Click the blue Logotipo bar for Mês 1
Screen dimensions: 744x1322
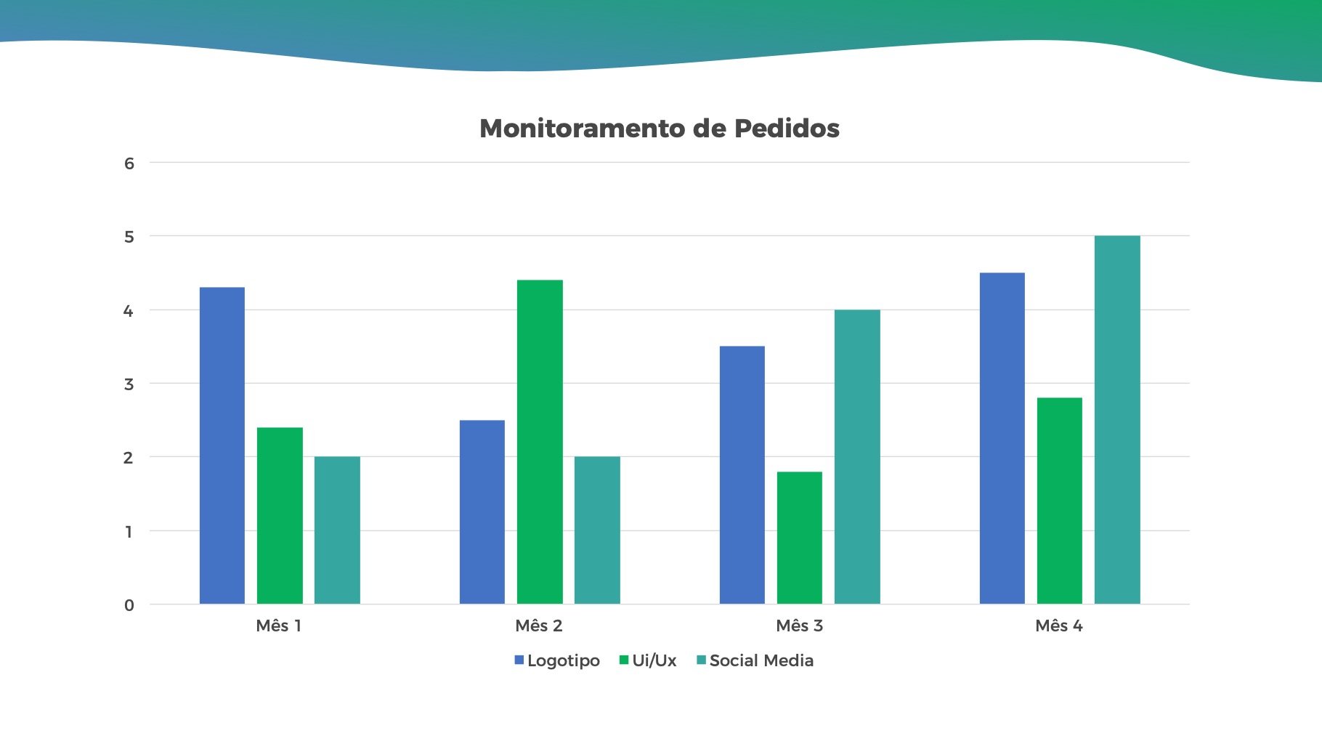click(x=222, y=445)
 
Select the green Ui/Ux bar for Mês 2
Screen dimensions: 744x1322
click(x=540, y=442)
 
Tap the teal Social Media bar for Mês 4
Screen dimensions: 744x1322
click(x=1117, y=420)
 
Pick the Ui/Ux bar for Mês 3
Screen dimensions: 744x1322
click(x=800, y=538)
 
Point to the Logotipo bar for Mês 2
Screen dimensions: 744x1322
click(x=482, y=511)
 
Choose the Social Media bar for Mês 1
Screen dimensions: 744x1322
click(x=337, y=530)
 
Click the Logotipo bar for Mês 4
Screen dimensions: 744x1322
click(x=1002, y=438)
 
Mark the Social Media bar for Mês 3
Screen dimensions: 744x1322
click(x=857, y=456)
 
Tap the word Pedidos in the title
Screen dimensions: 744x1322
click(x=787, y=129)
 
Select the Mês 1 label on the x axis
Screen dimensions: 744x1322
click(x=279, y=626)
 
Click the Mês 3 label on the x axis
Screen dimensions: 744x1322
click(x=799, y=626)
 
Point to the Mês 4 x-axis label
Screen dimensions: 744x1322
click(x=1059, y=626)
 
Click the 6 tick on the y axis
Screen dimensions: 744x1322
click(x=129, y=163)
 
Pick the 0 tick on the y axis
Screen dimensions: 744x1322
click(x=129, y=605)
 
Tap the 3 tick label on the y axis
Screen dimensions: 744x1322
click(x=129, y=384)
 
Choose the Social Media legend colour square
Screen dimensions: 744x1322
click(x=702, y=660)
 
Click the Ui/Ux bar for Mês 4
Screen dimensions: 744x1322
click(x=1060, y=501)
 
